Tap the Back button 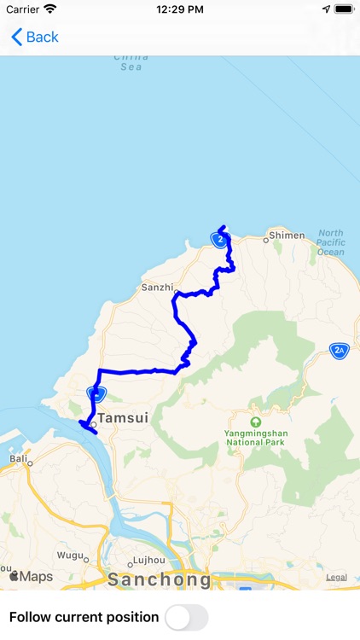point(35,37)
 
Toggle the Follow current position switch point(186,617)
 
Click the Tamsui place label point(122,418)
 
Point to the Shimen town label point(287,235)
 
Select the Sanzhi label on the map point(157,288)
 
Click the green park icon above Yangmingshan point(255,422)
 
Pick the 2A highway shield point(339,350)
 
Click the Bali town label point(18,458)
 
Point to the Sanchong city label point(160,580)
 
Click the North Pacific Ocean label point(331,242)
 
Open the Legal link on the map point(336,577)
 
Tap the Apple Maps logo point(31,577)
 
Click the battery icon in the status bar point(344,9)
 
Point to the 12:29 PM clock point(179,9)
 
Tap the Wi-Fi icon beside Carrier point(50,9)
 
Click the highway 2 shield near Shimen point(220,240)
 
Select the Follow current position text point(84,617)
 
